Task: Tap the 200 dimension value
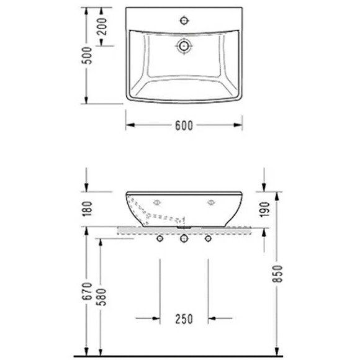click(102, 27)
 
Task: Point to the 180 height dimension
click(88, 210)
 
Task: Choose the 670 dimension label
click(88, 293)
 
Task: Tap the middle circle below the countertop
click(184, 239)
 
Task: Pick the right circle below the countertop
click(208, 238)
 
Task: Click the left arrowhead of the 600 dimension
click(130, 124)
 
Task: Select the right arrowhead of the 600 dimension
click(238, 124)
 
